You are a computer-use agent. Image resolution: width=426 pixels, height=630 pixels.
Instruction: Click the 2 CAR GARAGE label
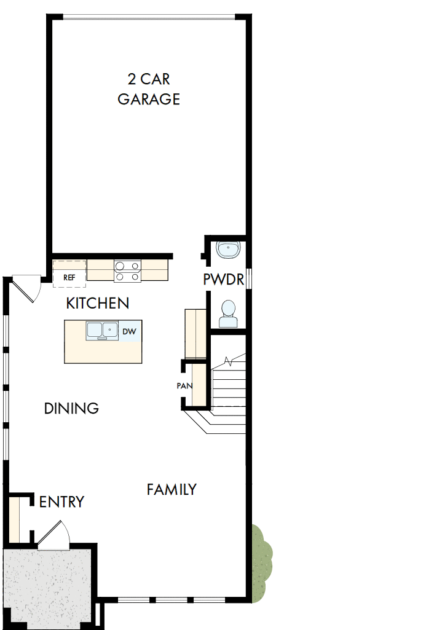tap(149, 89)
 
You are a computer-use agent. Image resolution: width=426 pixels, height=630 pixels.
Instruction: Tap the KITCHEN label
tap(98, 303)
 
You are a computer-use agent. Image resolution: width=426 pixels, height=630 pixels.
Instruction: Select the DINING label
tap(71, 408)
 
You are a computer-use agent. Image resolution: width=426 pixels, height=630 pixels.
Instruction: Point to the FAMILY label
tap(172, 489)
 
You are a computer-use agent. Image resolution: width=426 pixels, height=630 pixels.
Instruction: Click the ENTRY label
tap(61, 502)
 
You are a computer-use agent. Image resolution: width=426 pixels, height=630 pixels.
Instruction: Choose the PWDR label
tap(224, 280)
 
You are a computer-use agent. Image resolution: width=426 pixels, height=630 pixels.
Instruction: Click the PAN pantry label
tap(183, 386)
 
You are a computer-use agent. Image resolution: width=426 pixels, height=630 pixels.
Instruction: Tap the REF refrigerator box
tap(69, 277)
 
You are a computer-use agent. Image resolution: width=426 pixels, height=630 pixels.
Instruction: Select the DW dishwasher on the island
tap(129, 331)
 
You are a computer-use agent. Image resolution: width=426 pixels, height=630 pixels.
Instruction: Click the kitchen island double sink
tap(102, 331)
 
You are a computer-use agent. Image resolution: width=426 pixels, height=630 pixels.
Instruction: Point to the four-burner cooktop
tap(127, 271)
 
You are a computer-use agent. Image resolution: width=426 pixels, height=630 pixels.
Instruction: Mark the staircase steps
tap(228, 387)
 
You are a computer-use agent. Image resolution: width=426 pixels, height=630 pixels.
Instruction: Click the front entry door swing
tap(54, 534)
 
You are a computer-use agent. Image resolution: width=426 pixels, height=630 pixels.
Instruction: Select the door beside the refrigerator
tap(26, 289)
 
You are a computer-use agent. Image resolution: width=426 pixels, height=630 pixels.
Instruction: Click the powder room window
tap(248, 278)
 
